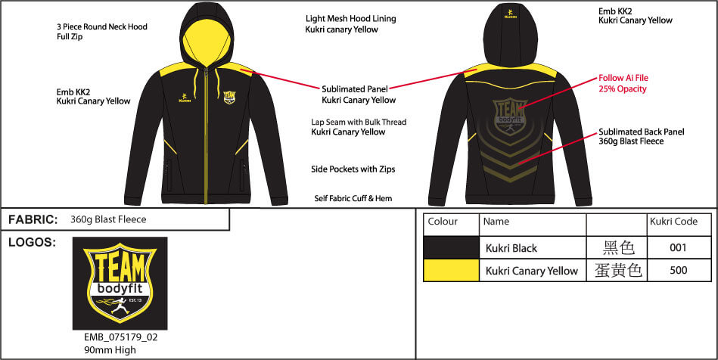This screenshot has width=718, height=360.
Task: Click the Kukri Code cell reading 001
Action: [679, 248]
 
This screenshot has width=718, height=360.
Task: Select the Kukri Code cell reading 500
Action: [679, 270]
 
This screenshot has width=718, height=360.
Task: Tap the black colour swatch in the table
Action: [451, 248]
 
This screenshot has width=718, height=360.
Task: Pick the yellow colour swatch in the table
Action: [451, 270]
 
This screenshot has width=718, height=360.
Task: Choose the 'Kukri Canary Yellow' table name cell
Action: [532, 271]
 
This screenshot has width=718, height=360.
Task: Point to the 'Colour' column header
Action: [443, 222]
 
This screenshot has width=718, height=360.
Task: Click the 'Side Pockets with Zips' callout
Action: [353, 169]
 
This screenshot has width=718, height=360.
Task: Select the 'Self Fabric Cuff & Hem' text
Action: [354, 199]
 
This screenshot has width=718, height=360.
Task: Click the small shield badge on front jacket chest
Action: [229, 97]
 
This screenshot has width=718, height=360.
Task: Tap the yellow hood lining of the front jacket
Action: [203, 39]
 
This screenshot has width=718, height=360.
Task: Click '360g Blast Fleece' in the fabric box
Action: [107, 220]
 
